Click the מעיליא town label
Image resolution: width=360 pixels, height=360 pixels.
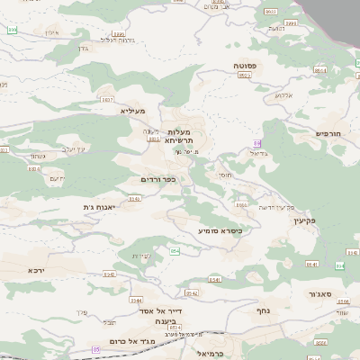[132, 110]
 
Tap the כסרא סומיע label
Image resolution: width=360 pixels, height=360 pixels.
[220, 230]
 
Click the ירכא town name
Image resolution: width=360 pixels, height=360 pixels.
[36, 270]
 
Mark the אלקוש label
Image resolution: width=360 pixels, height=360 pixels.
[283, 94]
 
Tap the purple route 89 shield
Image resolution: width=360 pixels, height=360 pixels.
[257, 143]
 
